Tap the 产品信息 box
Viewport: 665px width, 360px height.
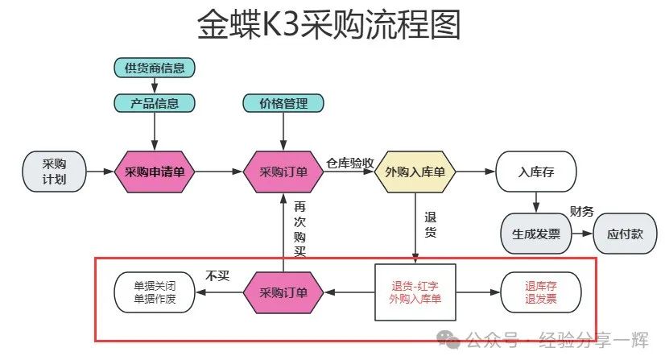point(155,103)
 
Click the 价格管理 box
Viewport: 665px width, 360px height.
point(283,103)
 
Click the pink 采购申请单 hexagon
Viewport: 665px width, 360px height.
point(155,172)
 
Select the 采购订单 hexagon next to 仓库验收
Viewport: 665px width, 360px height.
point(283,172)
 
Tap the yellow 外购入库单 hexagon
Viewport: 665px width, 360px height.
point(415,172)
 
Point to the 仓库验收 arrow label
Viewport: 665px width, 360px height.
point(350,161)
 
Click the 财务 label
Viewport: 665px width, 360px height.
point(581,211)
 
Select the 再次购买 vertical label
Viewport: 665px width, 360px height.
point(299,229)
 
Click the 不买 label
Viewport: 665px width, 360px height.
point(218,275)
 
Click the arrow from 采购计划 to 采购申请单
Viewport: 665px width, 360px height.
point(100,172)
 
